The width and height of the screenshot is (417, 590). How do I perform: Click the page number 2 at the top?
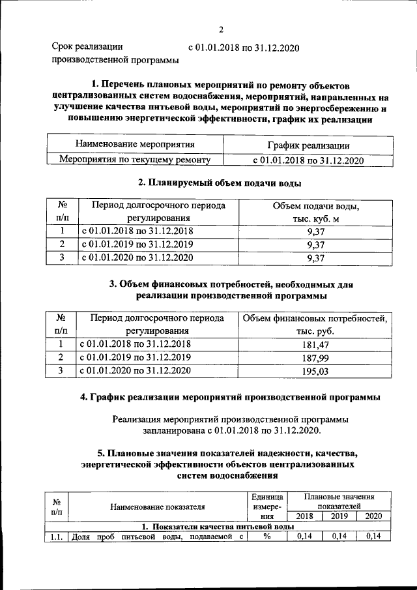click(x=221, y=29)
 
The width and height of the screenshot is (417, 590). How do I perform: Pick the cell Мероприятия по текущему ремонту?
click(x=135, y=159)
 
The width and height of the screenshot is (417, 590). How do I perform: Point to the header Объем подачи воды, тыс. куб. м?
click(x=315, y=212)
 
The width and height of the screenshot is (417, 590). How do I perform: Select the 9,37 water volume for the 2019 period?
click(x=315, y=244)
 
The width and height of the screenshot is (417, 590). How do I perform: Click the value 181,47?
click(x=315, y=344)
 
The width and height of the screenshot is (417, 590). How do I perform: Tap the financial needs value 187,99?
click(x=315, y=357)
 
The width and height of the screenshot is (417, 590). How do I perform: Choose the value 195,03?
click(x=315, y=370)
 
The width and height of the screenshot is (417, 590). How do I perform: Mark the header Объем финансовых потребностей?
click(x=315, y=319)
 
